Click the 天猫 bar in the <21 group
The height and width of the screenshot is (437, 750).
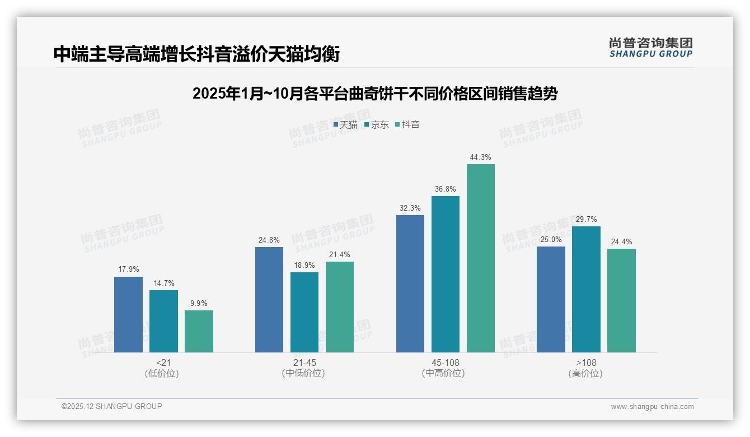coord(128,314)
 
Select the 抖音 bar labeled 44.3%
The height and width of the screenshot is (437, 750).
coord(481,258)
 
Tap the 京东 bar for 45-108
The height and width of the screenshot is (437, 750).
coord(446,274)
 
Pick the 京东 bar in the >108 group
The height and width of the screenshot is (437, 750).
coord(586,289)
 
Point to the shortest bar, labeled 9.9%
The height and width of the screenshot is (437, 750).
coord(199,331)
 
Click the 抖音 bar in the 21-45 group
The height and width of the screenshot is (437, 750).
coord(340,307)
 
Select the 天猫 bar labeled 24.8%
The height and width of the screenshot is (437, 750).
coord(269,300)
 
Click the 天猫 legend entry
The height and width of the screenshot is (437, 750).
coord(345,124)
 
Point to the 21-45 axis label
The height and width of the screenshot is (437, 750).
coord(304,362)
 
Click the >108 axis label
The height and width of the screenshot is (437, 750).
coord(586,362)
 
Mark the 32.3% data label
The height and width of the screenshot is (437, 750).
coord(410,208)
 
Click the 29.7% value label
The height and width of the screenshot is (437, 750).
coord(586,220)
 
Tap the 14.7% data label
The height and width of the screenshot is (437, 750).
coord(163,283)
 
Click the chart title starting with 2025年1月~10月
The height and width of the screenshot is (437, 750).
coord(374,94)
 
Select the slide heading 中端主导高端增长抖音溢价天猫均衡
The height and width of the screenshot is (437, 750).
coord(196,54)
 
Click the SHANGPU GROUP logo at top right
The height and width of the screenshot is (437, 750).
coord(650,48)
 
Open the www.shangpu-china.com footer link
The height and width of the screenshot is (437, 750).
coord(652,407)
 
